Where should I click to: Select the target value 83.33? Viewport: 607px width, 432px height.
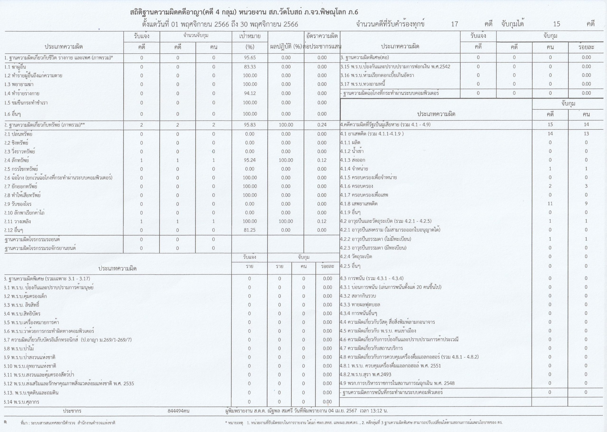tap(250, 67)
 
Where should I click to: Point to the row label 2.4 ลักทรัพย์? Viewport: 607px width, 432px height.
tap(17, 160)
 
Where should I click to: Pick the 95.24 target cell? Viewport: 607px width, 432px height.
tap(250, 160)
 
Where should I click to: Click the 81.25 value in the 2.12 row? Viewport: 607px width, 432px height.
tap(250, 230)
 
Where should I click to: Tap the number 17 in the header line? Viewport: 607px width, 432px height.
tap(454, 24)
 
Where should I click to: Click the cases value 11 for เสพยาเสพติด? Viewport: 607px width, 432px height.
tap(550, 204)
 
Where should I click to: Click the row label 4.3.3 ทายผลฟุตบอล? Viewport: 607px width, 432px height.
tap(358, 305)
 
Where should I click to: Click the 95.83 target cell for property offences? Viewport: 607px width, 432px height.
tap(250, 125)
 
